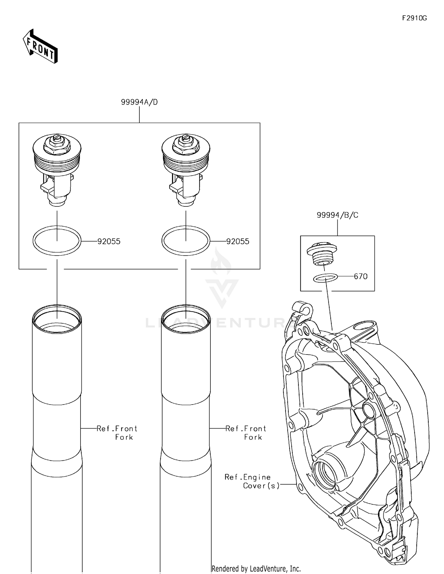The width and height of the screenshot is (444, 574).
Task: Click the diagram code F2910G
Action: tap(414, 18)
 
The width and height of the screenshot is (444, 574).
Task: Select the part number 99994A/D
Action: tap(139, 102)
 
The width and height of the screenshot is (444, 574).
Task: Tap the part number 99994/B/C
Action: tap(337, 215)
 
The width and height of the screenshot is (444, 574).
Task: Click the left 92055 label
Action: tap(109, 241)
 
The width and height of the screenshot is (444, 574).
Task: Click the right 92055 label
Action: tap(238, 241)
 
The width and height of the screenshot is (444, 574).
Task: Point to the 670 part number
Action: tap(361, 276)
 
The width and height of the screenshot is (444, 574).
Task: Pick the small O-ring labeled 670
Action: tap(325, 278)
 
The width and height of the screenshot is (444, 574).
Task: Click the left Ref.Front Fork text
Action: tap(117, 433)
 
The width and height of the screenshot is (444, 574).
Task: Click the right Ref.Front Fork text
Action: tap(246, 433)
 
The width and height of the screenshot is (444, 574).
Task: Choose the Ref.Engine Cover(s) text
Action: tap(252, 481)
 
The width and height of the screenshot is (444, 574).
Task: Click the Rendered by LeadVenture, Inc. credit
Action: tap(256, 568)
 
